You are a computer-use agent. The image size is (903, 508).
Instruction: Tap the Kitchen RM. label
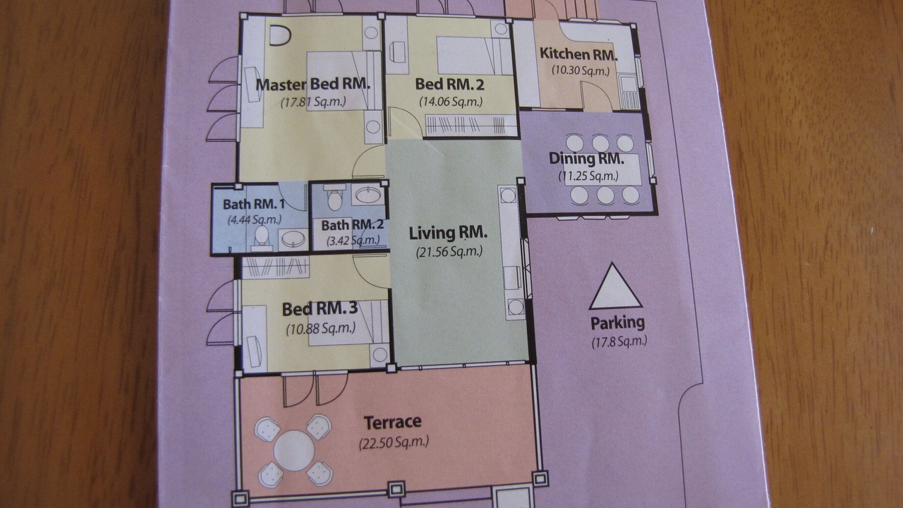pos(578,54)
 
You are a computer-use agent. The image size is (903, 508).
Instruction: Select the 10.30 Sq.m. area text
pos(581,71)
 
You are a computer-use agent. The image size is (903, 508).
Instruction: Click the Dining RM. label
pos(586,159)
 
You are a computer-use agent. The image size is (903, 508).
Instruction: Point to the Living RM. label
pos(448,233)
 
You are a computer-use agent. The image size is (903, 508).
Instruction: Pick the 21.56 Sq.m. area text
pos(449,252)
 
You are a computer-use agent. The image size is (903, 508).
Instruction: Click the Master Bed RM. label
pos(313,85)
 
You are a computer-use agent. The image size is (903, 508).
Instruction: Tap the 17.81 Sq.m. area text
pos(313,102)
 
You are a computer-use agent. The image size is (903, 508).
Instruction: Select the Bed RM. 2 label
pos(450,85)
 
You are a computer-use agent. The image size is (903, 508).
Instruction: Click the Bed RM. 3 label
pos(320,309)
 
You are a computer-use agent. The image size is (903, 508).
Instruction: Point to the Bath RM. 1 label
pos(254,205)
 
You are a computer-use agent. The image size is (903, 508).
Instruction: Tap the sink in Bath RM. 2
pos(368,196)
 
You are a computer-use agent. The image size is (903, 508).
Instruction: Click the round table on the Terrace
pos(294,450)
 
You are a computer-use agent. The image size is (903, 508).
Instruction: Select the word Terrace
pos(393,423)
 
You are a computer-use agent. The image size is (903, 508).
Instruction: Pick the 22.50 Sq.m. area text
pos(394,442)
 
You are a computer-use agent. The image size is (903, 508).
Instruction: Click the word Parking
pos(617,323)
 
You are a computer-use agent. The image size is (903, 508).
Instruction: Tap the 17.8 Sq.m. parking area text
pos(619,341)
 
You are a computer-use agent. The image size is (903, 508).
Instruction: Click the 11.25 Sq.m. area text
pos(588,176)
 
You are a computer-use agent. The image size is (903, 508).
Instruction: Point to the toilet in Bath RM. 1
pos(262,236)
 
